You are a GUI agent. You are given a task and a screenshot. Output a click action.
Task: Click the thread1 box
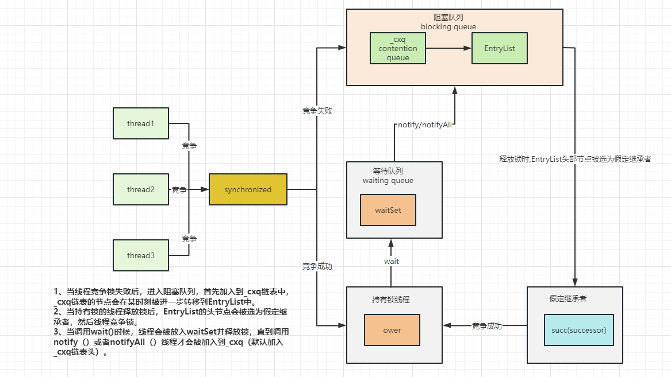click(141, 123)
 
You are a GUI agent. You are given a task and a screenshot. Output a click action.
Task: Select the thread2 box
click(141, 189)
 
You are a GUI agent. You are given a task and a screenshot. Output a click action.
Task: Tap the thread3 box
click(141, 255)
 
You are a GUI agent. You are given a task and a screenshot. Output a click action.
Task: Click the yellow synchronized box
click(248, 189)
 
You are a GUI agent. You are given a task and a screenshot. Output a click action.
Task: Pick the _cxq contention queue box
click(398, 49)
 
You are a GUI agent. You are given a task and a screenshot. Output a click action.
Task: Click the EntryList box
click(500, 49)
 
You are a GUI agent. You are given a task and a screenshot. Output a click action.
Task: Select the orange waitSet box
click(388, 210)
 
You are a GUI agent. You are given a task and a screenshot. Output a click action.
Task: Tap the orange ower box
click(392, 330)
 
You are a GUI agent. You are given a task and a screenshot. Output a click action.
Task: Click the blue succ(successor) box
click(579, 330)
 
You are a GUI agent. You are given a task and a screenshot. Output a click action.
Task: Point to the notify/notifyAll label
click(425, 125)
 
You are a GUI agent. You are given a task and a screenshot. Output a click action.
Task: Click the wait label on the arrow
click(392, 261)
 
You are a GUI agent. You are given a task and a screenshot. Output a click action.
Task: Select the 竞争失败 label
click(317, 111)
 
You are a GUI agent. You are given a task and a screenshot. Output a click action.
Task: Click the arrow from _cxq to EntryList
click(448, 49)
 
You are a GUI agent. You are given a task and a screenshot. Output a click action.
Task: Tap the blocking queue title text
click(448, 26)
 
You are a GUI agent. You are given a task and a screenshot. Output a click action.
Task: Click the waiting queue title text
click(388, 180)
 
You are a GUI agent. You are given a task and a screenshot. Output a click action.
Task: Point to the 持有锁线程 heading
click(391, 300)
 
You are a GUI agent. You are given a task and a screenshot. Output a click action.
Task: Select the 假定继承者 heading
click(568, 299)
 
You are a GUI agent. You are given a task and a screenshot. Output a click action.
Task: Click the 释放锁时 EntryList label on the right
click(575, 159)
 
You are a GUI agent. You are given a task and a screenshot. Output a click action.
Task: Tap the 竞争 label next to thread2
click(179, 190)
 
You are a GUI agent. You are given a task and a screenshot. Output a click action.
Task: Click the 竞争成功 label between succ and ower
click(487, 326)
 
